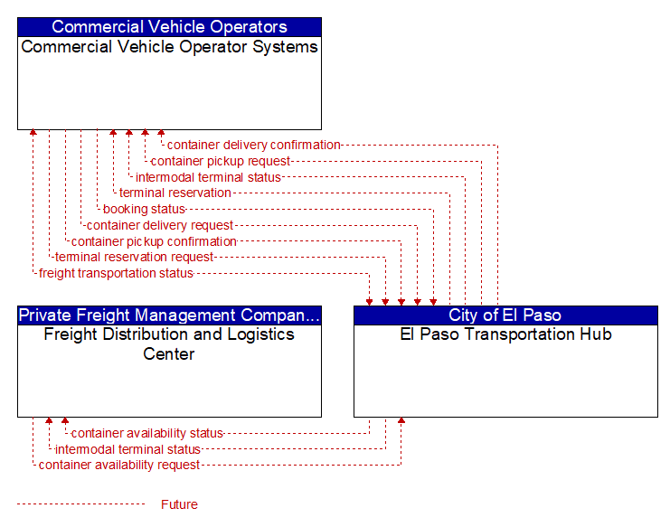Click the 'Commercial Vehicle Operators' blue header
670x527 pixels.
[x=169, y=27]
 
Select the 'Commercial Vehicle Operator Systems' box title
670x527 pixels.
[x=169, y=47]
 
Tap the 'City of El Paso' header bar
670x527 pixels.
[x=505, y=315]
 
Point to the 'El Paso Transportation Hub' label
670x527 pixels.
[x=505, y=334]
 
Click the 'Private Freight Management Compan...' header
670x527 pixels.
[x=169, y=315]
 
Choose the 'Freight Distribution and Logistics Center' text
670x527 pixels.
[x=169, y=343]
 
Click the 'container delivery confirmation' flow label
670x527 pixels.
[x=254, y=146]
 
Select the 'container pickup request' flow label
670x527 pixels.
[x=221, y=162]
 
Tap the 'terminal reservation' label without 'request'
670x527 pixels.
[x=175, y=193]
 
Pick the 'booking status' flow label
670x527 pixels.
[x=144, y=209]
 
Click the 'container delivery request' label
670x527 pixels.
[x=160, y=225]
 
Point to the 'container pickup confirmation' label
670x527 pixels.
[x=154, y=241]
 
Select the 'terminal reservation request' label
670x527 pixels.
[x=134, y=257]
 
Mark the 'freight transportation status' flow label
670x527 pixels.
[x=117, y=273]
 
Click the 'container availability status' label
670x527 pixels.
[x=147, y=434]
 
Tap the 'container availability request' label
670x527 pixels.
[x=119, y=465]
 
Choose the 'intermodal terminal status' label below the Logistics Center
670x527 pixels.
[x=127, y=449]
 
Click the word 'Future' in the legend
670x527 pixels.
[x=179, y=504]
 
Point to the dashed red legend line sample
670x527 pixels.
[x=81, y=504]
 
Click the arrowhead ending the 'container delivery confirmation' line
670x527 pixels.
[x=161, y=132]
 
